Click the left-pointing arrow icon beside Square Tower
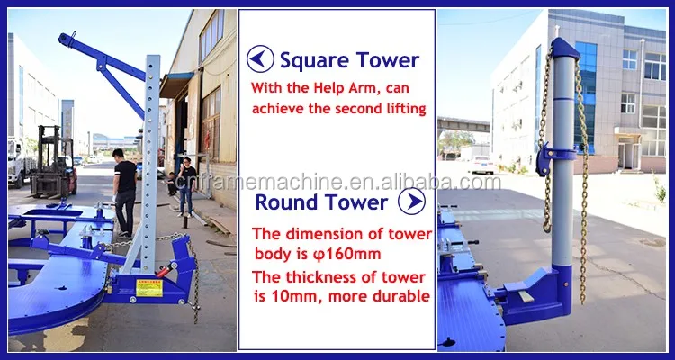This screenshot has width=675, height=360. click(260, 59)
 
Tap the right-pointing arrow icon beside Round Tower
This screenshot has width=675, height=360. click(411, 201)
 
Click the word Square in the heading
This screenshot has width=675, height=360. click(310, 60)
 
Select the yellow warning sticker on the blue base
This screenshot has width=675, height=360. click(149, 288)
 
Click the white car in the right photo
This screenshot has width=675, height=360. click(481, 166)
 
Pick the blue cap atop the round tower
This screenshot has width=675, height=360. click(565, 48)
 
